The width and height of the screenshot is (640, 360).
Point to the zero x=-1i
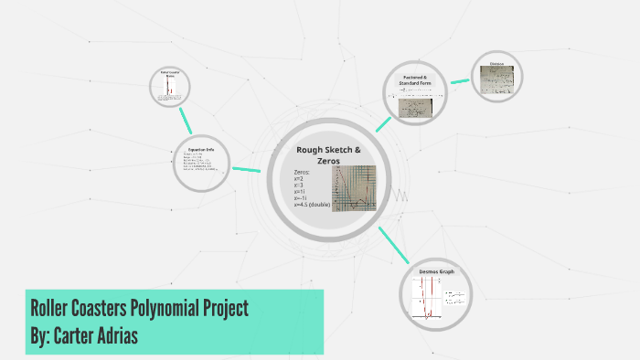[x=301, y=197]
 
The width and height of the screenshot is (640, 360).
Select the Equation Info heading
[x=200, y=149]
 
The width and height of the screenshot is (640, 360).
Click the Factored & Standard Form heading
[x=421, y=81]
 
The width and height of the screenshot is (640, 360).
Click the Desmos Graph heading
[x=436, y=272]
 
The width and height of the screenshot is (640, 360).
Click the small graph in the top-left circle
[x=170, y=88]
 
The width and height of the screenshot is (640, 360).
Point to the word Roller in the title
[x=54, y=308]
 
